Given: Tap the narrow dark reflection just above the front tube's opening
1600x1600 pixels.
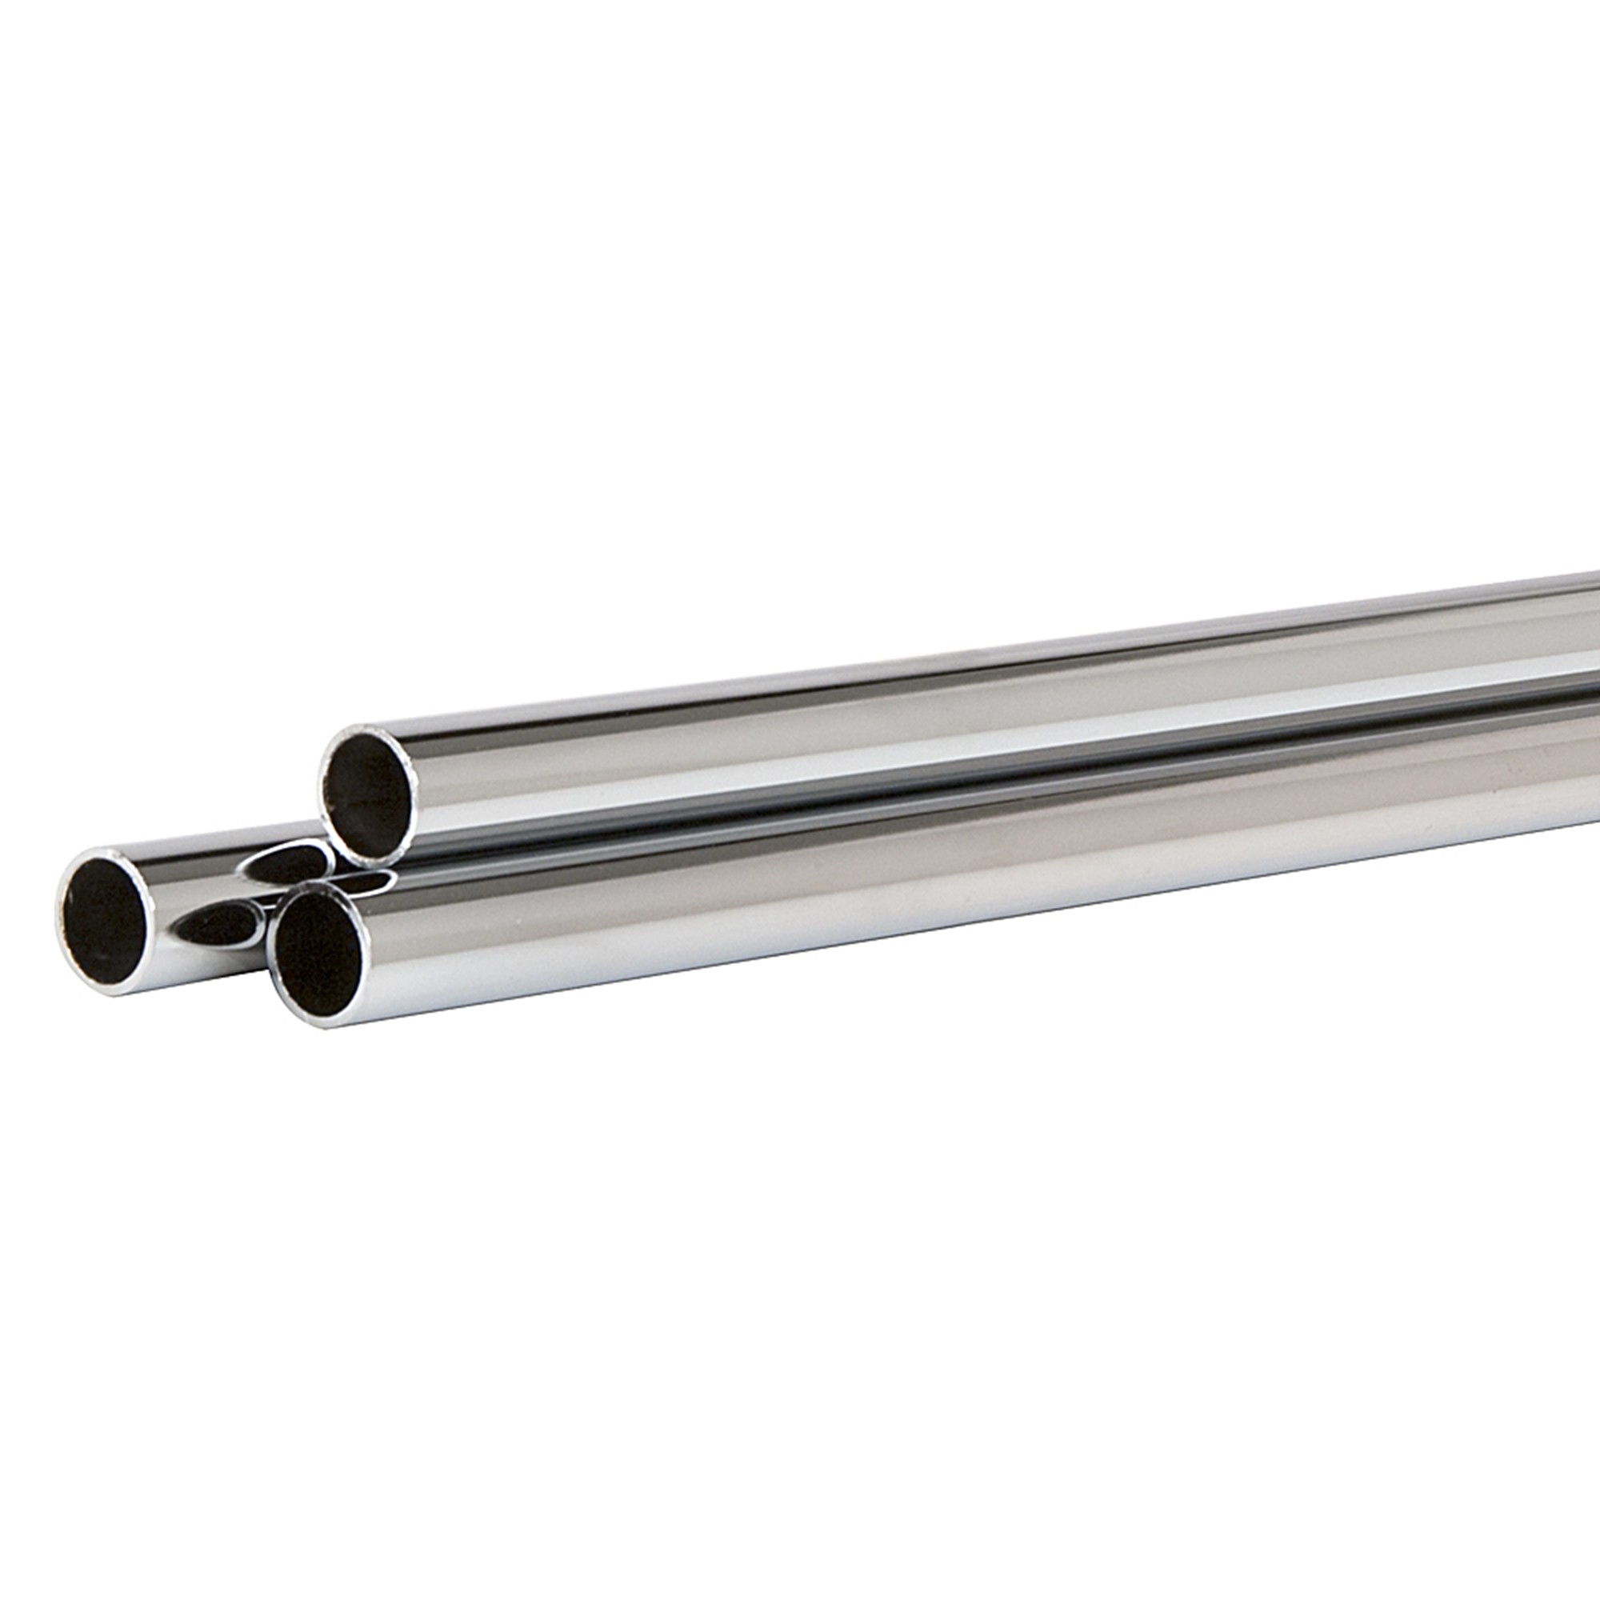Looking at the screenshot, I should point(364,882).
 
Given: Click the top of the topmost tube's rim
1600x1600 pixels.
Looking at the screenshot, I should point(369,729).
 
